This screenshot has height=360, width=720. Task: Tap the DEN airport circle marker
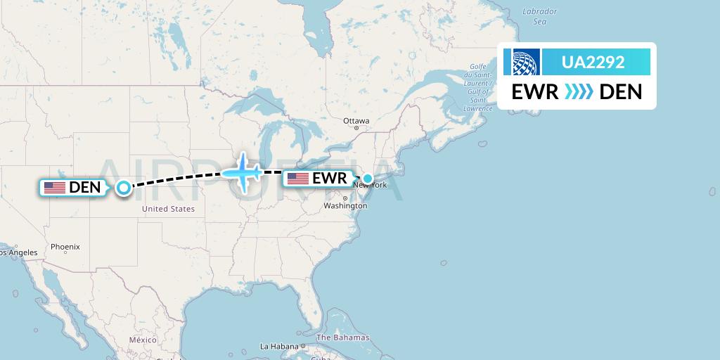[124, 188]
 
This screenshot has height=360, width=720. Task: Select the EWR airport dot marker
[368, 179]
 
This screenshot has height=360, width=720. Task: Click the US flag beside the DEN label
[54, 188]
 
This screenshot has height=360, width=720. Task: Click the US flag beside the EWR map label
[298, 179]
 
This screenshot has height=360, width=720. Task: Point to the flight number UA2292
[593, 62]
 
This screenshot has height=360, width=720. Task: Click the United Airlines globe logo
[522, 62]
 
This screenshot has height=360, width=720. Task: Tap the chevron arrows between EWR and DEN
[579, 92]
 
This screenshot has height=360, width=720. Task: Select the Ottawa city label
[356, 121]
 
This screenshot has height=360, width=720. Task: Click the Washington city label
[345, 206]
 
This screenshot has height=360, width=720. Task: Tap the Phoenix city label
[65, 247]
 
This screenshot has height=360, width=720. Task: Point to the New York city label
[371, 186]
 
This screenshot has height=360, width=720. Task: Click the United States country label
[168, 209]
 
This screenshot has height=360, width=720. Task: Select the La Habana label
[279, 346]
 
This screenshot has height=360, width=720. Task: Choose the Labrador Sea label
[540, 16]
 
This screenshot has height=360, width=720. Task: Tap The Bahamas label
[342, 337]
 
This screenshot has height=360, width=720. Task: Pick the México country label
[142, 340]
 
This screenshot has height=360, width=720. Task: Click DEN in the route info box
[620, 92]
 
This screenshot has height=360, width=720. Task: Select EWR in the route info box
[535, 92]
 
